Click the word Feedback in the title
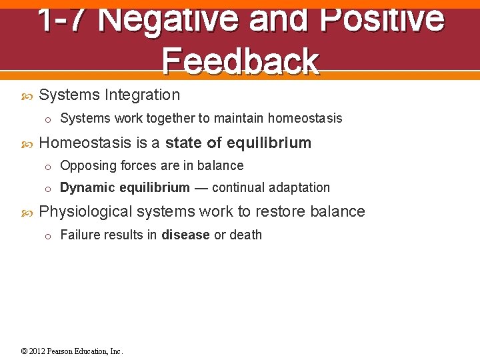[x=240, y=61]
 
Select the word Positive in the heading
[x=382, y=19]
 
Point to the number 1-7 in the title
[x=61, y=19]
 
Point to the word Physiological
[x=86, y=212]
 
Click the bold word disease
[x=186, y=235]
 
